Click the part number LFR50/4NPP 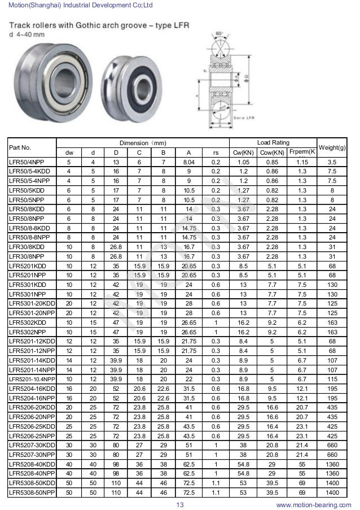click(27, 162)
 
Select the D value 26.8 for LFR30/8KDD click(116, 246)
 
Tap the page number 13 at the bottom click(181, 504)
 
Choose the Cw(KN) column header click(243, 152)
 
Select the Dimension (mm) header click(143, 142)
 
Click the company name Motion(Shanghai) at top click(34, 5)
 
